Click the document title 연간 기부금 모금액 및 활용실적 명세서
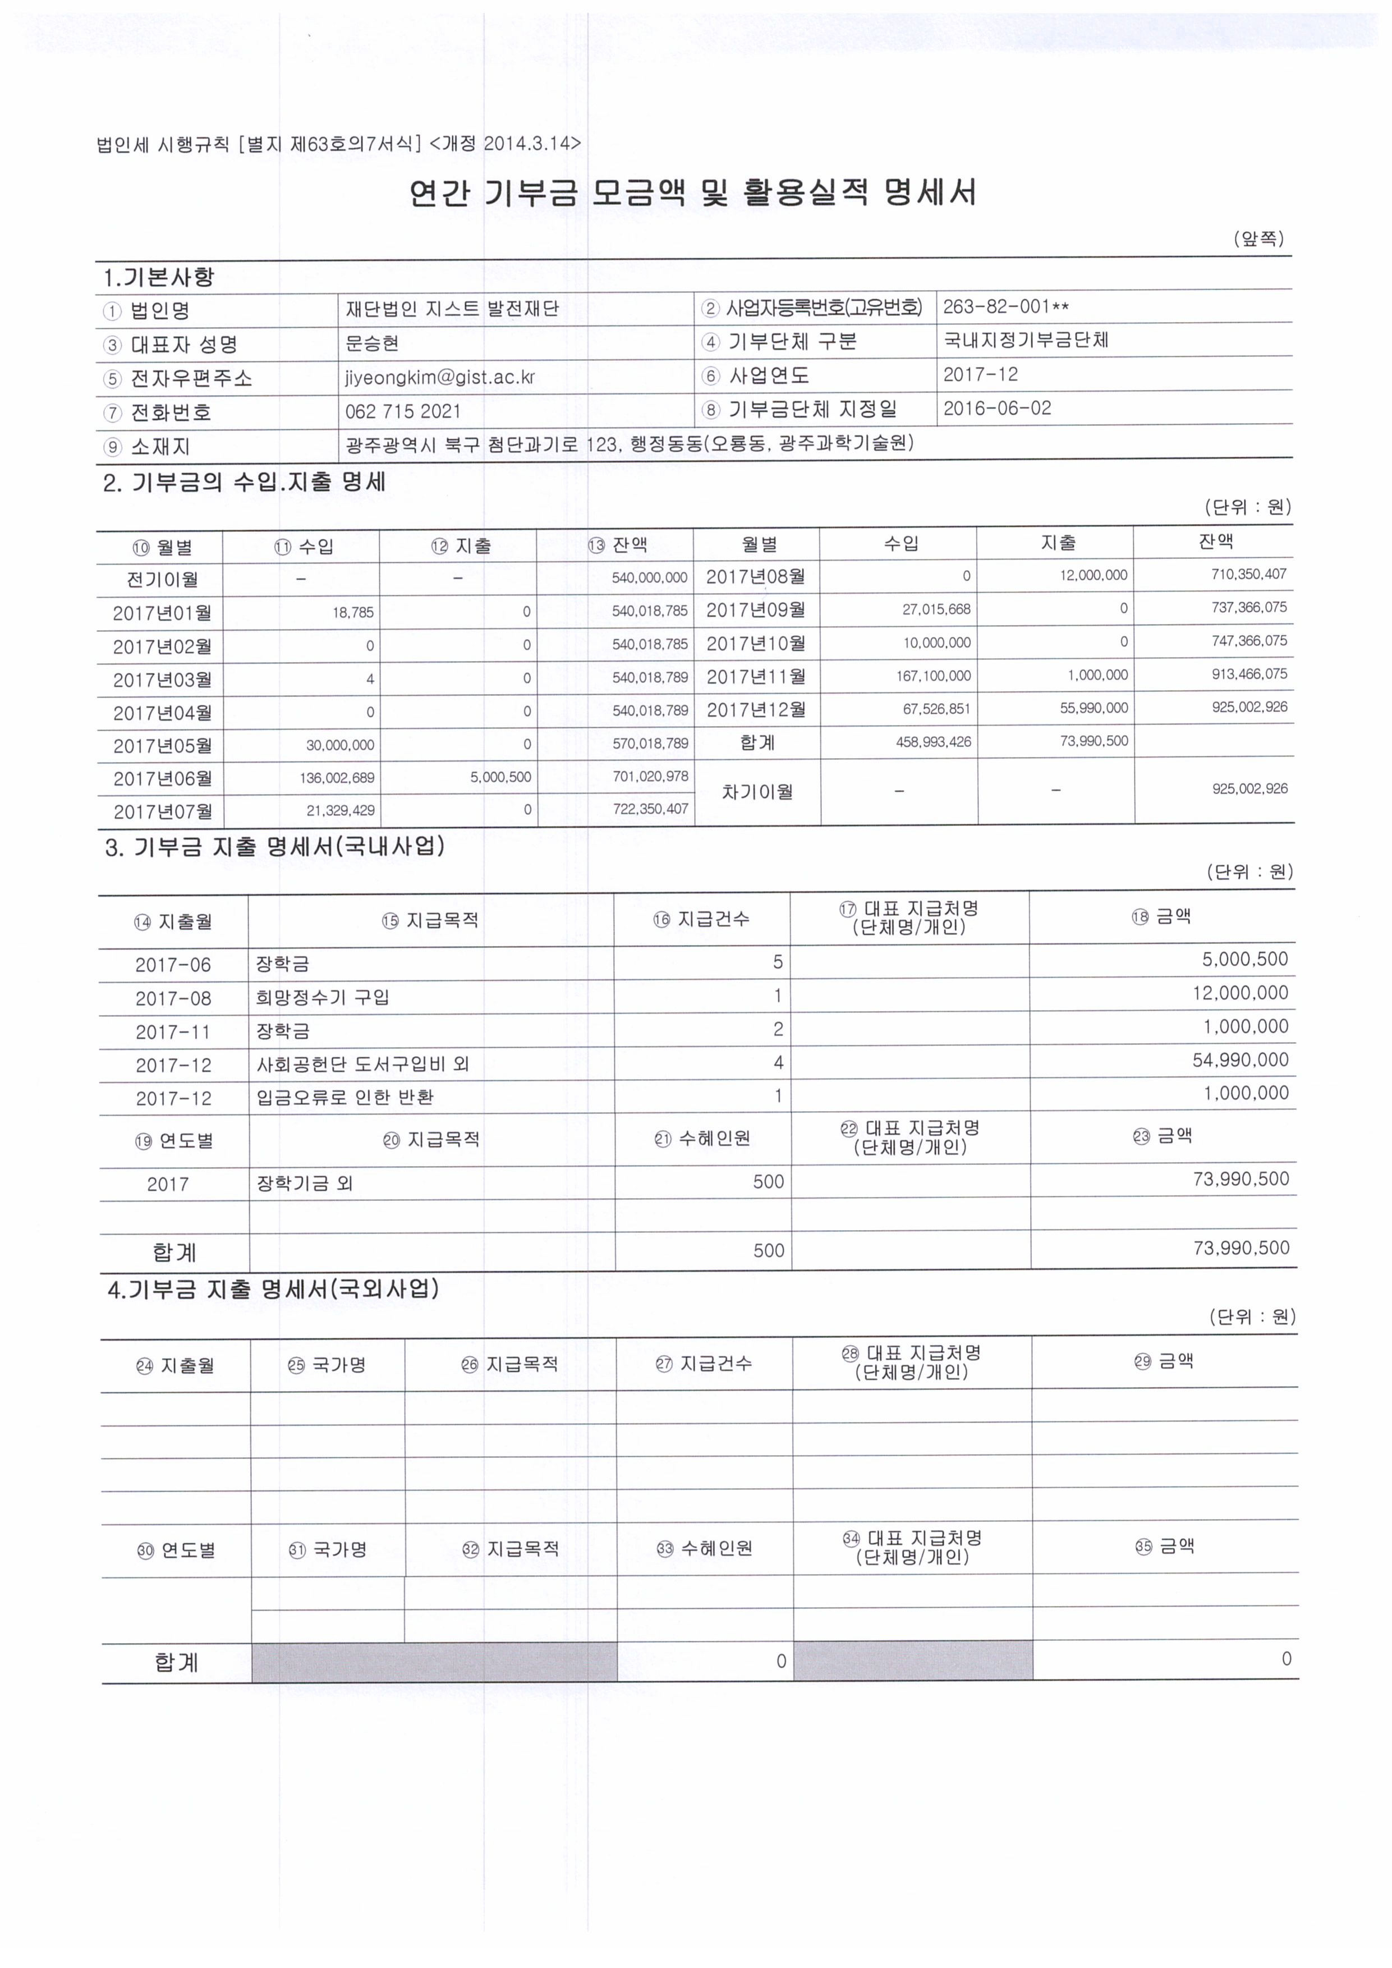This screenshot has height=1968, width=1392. click(692, 193)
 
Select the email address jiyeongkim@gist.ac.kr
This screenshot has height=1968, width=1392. click(440, 377)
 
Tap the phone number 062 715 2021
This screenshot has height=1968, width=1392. click(403, 411)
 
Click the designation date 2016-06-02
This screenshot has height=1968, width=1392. click(997, 408)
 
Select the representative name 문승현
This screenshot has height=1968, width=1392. click(372, 343)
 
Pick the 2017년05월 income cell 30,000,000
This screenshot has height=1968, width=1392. click(341, 745)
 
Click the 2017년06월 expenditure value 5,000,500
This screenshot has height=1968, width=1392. click(500, 777)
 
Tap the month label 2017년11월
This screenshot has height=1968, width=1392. click(755, 676)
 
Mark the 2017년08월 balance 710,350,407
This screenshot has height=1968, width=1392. click(1249, 574)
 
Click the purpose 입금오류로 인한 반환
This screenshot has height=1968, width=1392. click(344, 1097)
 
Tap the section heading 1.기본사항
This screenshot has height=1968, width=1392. click(159, 277)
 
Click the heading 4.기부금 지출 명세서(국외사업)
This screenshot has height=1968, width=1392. click(273, 1289)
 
